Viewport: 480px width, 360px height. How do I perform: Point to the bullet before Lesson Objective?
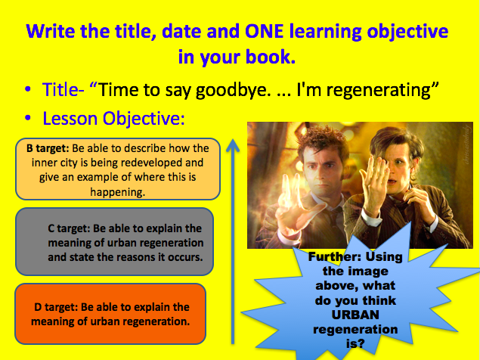tap(28, 118)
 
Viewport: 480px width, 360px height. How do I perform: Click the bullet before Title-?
tap(28, 88)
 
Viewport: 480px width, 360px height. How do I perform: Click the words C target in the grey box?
tap(69, 228)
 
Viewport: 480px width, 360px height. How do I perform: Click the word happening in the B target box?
tap(118, 192)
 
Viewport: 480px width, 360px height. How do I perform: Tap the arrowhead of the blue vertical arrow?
tap(233, 145)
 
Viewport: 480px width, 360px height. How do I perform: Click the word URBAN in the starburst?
tap(355, 315)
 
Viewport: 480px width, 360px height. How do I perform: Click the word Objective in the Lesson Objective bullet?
tap(144, 119)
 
